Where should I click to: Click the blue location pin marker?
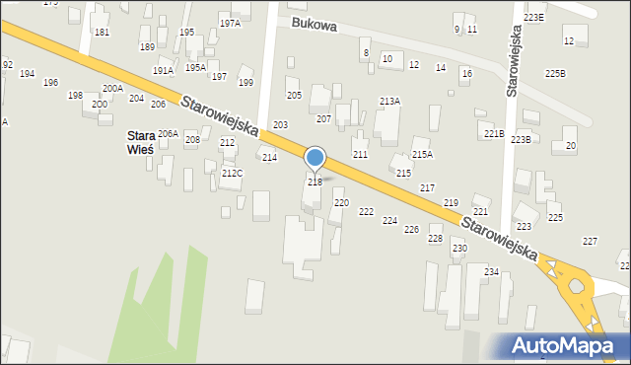click(315, 158)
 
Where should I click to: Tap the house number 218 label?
click(315, 182)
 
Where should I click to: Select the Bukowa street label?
click(314, 25)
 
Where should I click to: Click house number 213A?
click(389, 102)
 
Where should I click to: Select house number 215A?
click(422, 154)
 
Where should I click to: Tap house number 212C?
click(232, 174)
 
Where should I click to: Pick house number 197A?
click(230, 23)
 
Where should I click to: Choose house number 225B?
click(556, 74)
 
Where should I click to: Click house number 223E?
click(533, 18)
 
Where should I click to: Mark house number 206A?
click(168, 133)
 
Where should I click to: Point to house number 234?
click(491, 271)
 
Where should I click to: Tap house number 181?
click(102, 33)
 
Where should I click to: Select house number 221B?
click(494, 133)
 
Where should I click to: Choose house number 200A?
click(112, 89)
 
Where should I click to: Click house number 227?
click(590, 242)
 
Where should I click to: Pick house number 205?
click(294, 96)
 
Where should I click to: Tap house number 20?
click(570, 146)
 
